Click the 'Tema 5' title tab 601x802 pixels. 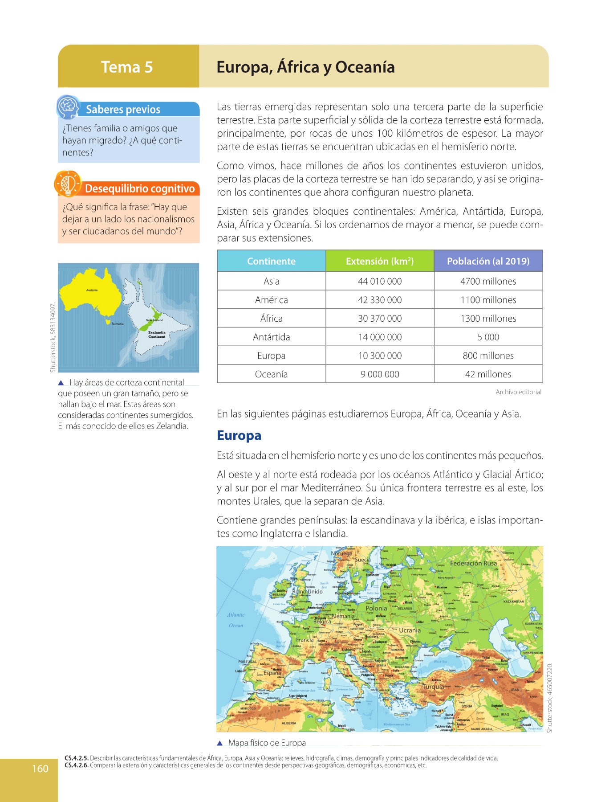click(x=127, y=67)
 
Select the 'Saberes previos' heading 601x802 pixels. click(x=123, y=110)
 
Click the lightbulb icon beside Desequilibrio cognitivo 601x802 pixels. click(x=68, y=184)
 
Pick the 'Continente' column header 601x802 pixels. click(x=271, y=261)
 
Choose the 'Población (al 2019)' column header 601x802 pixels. click(x=488, y=261)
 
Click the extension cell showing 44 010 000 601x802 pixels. click(x=380, y=281)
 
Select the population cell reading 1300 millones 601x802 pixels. click(x=488, y=318)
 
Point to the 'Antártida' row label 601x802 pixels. click(x=271, y=337)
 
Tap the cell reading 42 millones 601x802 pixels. click(x=488, y=374)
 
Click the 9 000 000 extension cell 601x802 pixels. click(x=380, y=374)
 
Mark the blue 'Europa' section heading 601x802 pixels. click(x=239, y=435)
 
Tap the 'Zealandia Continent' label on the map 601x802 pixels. click(x=157, y=334)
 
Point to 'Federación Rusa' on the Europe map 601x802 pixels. click(x=473, y=563)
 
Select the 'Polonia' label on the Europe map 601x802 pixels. click(x=376, y=608)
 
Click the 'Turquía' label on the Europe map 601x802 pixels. click(x=433, y=687)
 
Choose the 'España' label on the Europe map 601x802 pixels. click(x=272, y=673)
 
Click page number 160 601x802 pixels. click(x=40, y=769)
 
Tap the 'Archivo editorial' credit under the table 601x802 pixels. click(x=518, y=392)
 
